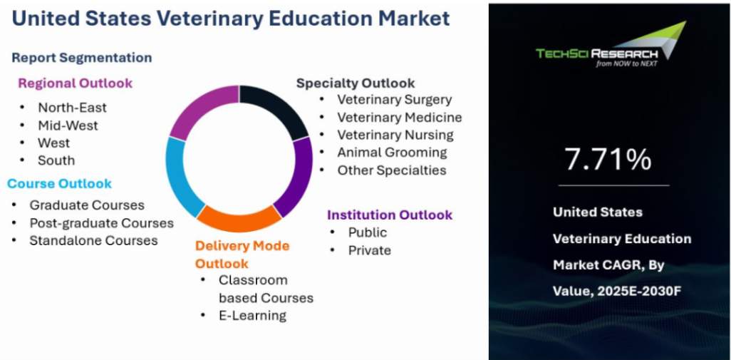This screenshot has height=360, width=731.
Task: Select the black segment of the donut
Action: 279,108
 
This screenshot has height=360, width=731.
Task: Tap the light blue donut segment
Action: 181,178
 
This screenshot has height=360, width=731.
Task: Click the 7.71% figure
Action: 608,158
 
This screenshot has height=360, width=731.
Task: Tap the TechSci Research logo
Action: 611,45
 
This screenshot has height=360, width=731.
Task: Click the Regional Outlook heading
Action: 75,83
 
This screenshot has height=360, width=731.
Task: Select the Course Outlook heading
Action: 59,183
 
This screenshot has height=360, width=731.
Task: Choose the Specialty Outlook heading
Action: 356,83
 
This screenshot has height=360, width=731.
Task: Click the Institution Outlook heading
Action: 390,215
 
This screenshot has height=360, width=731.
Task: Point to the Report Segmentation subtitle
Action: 82,58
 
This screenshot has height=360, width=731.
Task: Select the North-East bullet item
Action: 72,107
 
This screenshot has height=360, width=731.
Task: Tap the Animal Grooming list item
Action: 392,153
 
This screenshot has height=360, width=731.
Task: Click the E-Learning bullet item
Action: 252,316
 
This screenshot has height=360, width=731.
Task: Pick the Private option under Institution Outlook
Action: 370,250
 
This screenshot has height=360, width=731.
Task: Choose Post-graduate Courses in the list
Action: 102,223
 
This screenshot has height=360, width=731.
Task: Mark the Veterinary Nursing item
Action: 395,135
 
